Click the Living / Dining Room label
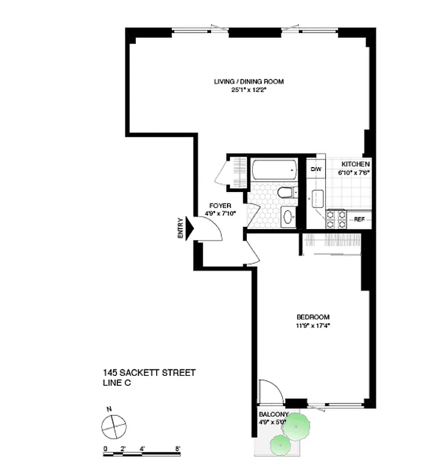248,82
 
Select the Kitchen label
355,164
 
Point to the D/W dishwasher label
316,169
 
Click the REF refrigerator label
359,219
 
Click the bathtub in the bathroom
274,169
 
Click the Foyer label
221,206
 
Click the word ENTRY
181,228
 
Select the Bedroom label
313,317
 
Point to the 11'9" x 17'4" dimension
313,325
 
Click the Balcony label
273,414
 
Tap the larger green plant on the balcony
298,426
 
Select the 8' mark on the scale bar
178,448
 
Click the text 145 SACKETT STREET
149,372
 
